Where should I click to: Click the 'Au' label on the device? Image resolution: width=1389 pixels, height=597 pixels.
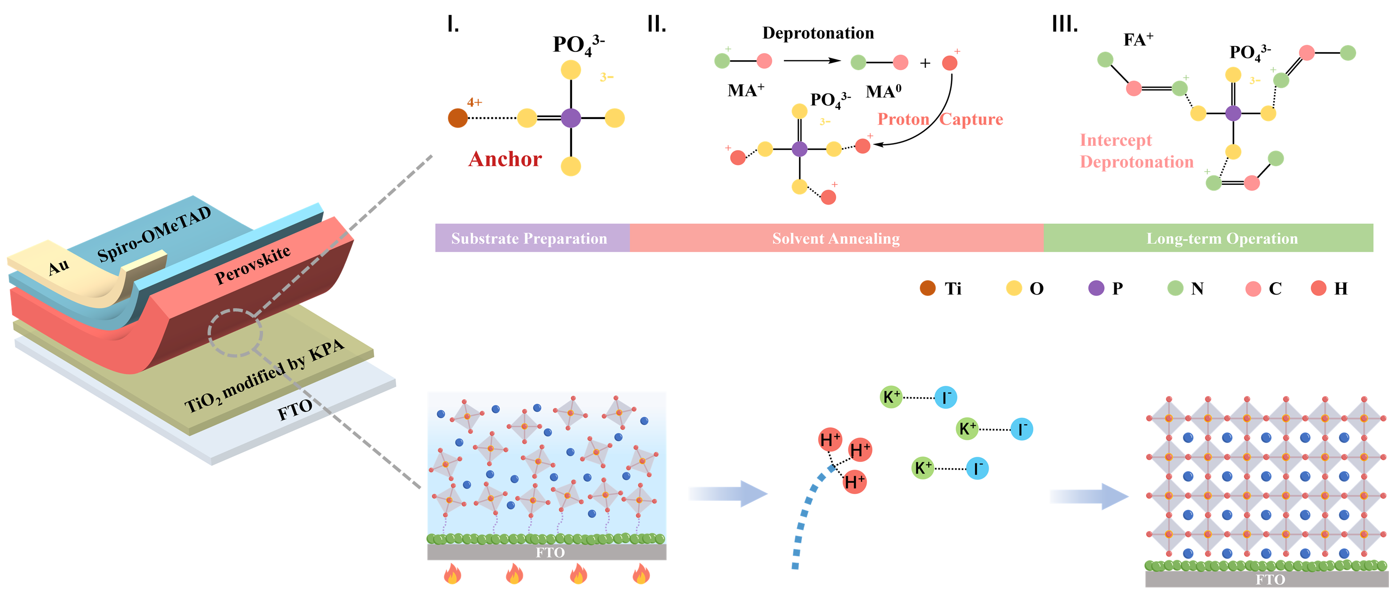point(59,266)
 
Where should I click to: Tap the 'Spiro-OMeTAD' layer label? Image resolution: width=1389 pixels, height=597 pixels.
point(154,234)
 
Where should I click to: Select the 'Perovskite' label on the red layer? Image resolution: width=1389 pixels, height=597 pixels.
point(252,265)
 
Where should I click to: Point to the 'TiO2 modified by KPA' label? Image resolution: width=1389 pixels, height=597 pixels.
point(264,376)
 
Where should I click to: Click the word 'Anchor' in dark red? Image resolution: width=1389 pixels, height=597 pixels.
point(505,159)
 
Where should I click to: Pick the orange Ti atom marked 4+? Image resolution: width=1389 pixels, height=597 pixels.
point(458,118)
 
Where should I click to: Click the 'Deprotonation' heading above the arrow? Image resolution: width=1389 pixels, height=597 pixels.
point(817,33)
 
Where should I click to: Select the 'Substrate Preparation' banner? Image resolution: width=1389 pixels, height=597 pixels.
point(529,239)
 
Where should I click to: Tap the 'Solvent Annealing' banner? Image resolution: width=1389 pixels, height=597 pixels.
point(835,239)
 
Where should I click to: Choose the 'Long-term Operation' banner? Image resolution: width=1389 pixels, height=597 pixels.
point(1221,239)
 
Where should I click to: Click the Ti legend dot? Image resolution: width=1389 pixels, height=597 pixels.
point(927,288)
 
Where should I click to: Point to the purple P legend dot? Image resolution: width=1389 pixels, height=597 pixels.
point(1096,288)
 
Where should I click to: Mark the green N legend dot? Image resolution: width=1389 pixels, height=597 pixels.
point(1175,288)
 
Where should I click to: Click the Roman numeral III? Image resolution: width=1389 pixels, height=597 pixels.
point(1064,24)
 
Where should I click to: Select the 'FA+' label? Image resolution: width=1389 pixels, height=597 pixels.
point(1138,40)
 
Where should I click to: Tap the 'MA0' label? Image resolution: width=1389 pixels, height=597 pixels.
point(883,92)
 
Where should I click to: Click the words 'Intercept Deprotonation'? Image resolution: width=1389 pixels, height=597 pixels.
point(1136,151)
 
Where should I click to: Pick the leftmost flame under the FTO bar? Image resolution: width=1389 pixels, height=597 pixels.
point(452,574)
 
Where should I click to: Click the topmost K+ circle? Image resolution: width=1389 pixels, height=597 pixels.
point(891,398)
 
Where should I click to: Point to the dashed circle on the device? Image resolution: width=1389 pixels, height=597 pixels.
point(235,333)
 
